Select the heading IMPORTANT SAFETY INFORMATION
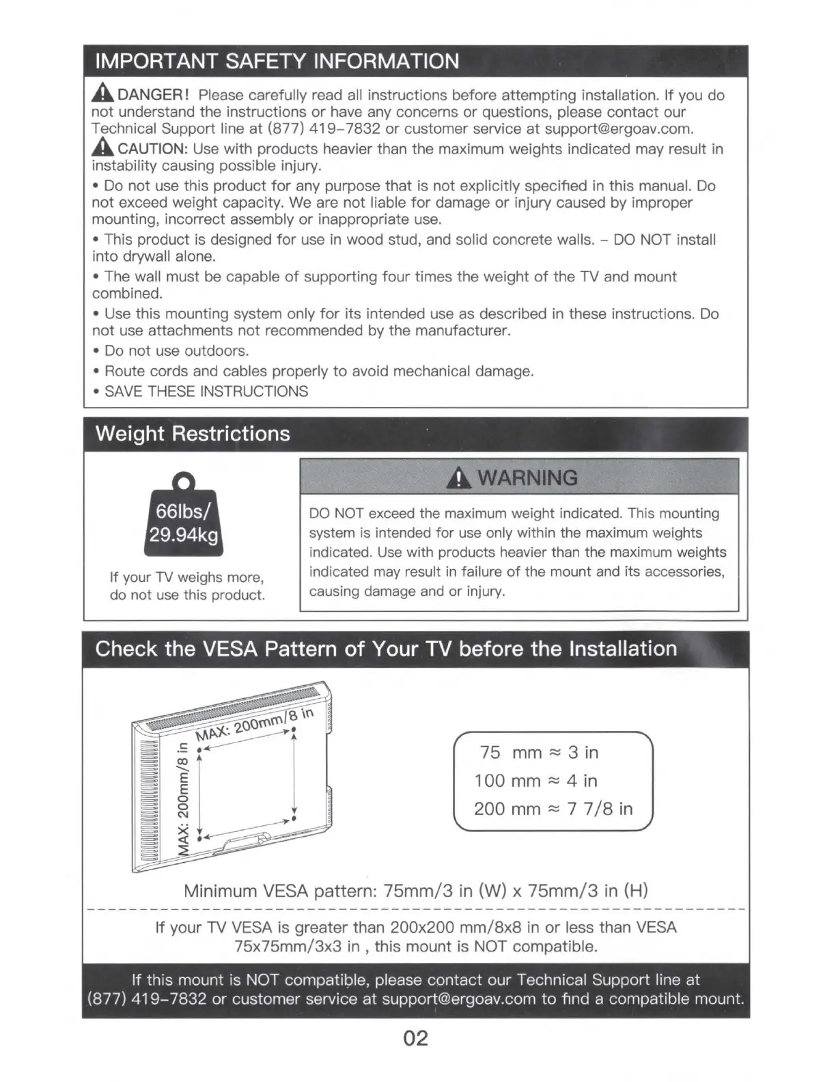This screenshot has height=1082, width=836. [277, 61]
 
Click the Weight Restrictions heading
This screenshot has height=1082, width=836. [193, 434]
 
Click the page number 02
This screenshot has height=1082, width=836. [415, 1038]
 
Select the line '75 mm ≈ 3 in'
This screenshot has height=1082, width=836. [539, 752]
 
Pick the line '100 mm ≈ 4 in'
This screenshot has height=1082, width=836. [536, 781]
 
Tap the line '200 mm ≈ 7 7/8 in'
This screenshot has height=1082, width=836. [553, 809]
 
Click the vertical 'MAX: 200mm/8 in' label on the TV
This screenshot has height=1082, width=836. [182, 796]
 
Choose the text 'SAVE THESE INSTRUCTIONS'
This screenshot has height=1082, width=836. [206, 391]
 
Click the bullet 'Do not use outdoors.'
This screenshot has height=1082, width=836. [176, 351]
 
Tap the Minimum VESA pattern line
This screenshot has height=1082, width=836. [415, 891]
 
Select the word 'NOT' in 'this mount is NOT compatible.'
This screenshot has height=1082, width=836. [491, 947]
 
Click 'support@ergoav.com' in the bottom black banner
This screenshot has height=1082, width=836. [458, 999]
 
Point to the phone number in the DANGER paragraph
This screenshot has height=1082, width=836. [324, 129]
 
